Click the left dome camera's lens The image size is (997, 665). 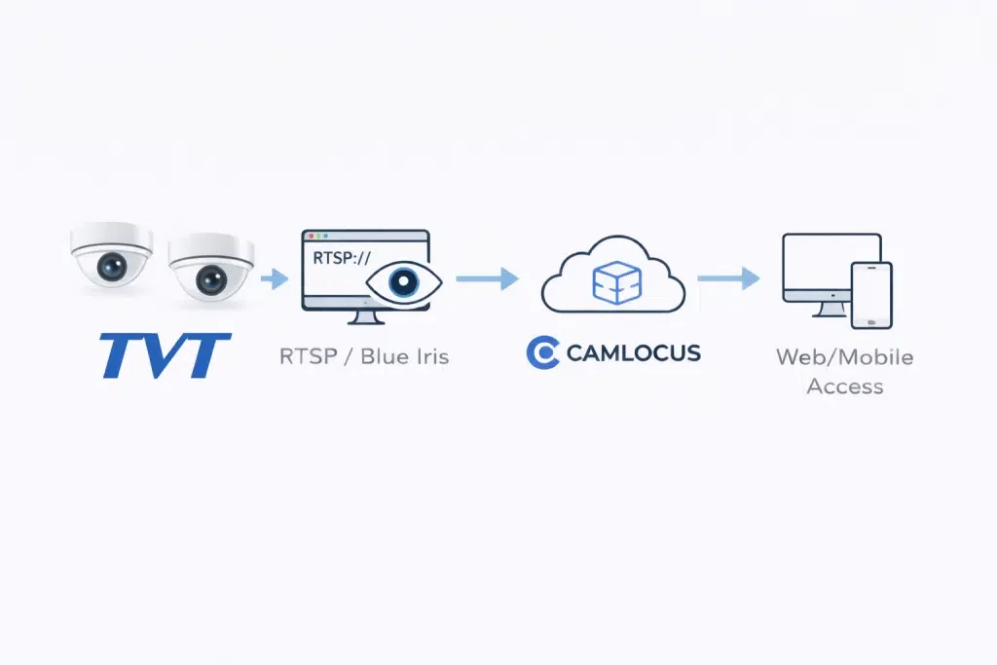pos(112,267)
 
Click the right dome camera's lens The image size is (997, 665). pos(211,279)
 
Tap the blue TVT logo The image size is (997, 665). pos(166,356)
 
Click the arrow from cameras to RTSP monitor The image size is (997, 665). pos(275,278)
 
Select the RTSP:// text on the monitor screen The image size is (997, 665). pos(342,258)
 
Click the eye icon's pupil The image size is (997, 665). pos(403,281)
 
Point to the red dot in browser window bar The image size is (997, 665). pos(311,237)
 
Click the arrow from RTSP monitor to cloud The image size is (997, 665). pos(487,278)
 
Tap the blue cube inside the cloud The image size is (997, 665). pos(616,282)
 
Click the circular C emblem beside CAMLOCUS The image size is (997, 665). pos(542,352)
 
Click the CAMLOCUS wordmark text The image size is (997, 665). pos(633,352)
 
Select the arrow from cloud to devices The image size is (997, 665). pos(728,278)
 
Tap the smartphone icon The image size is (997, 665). pos(871,296)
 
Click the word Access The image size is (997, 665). pos(845,387)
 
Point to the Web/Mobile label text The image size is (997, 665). pos(844,357)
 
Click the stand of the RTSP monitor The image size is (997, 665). pos(365,316)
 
